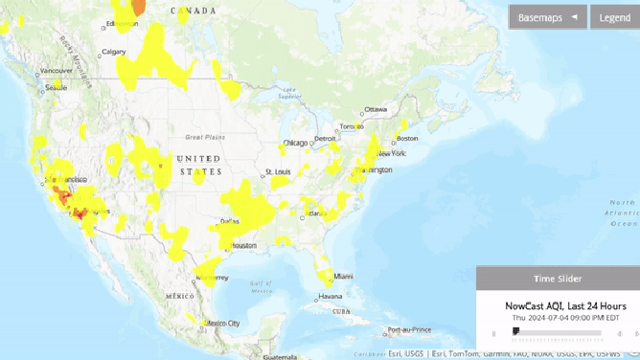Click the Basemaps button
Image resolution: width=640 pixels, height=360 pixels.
pyautogui.click(x=547, y=17)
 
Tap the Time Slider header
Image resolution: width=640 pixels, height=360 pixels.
pyautogui.click(x=558, y=279)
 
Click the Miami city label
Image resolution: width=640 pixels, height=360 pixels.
pyautogui.click(x=343, y=276)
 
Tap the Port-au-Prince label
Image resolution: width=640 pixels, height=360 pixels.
pyautogui.click(x=407, y=331)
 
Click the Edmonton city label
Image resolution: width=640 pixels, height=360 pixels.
pyautogui.click(x=122, y=24)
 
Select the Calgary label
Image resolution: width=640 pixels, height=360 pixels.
pyautogui.click(x=114, y=52)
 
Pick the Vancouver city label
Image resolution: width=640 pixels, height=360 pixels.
pyautogui.click(x=56, y=71)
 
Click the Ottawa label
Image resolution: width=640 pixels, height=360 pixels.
pyautogui.click(x=376, y=109)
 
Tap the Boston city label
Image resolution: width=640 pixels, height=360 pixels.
pyautogui.click(x=406, y=139)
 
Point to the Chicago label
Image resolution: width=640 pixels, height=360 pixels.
pyautogui.click(x=295, y=144)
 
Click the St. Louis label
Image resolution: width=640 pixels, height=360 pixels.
pyautogui.click(x=277, y=173)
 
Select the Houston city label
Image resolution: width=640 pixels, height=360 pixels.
pyautogui.click(x=242, y=246)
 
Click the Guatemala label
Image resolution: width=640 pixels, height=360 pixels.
pyautogui.click(x=281, y=356)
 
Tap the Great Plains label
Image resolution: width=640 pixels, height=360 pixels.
pyautogui.click(x=205, y=137)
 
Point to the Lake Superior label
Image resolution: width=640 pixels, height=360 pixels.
pyautogui.click(x=289, y=94)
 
